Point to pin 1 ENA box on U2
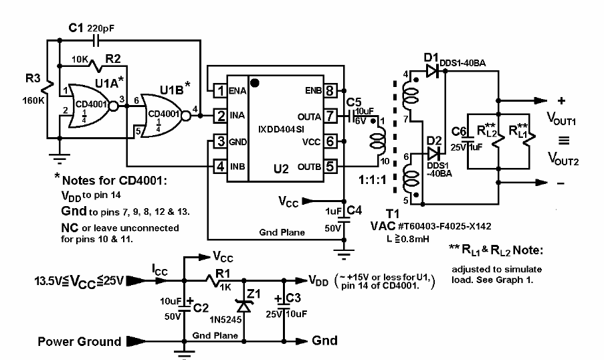coord(219,90)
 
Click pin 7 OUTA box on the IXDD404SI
coord(330,116)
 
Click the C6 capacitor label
coord(459,131)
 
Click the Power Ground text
coord(80,342)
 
